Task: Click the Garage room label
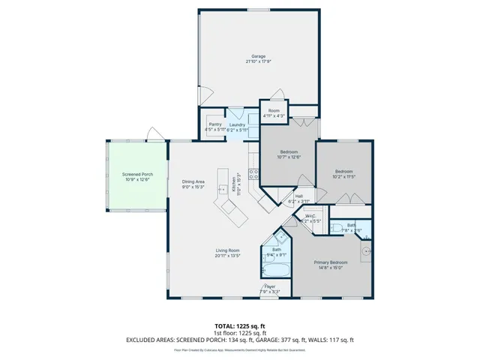(x=259, y=58)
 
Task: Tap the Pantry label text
(x=215, y=127)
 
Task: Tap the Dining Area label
(x=193, y=184)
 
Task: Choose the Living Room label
(x=228, y=253)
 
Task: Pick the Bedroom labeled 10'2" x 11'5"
(x=344, y=172)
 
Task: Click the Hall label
(x=298, y=199)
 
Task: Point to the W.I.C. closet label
(x=310, y=219)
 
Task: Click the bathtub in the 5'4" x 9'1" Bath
(x=275, y=271)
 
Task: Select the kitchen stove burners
(x=253, y=176)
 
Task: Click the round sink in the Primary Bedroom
(x=365, y=252)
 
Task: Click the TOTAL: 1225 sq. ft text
(x=239, y=326)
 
